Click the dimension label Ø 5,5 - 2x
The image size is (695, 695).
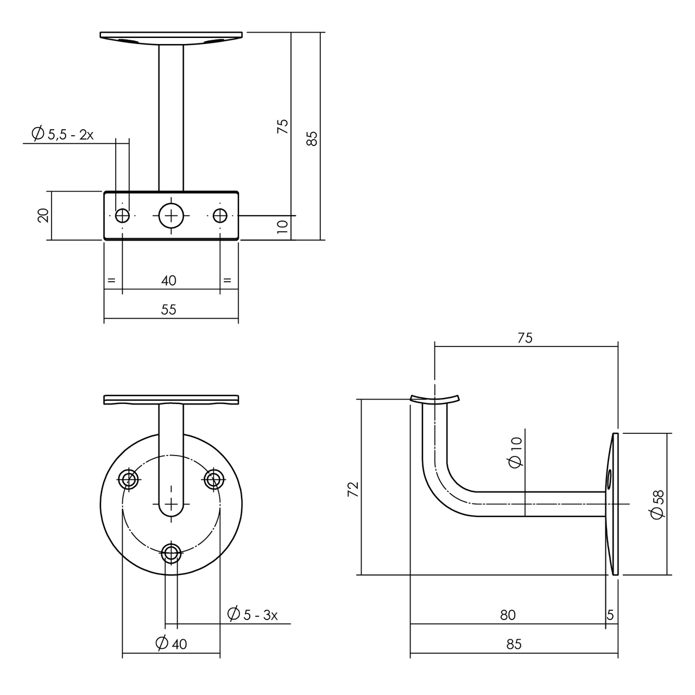click(62, 134)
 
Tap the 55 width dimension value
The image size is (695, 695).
click(169, 309)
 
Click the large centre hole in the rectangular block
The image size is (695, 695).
click(172, 216)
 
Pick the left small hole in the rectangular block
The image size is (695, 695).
click(123, 216)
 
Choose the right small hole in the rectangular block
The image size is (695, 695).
click(220, 216)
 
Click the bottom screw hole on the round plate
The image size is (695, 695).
click(172, 553)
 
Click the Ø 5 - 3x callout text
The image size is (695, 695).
click(252, 615)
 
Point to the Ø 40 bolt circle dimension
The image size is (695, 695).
click(171, 643)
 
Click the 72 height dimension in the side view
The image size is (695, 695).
click(353, 489)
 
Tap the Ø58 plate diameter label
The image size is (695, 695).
click(658, 504)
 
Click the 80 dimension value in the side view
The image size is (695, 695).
click(507, 615)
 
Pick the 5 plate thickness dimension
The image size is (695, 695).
click(610, 615)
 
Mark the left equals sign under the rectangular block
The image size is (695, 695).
click(111, 281)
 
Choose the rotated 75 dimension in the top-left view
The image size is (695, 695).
click(283, 126)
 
